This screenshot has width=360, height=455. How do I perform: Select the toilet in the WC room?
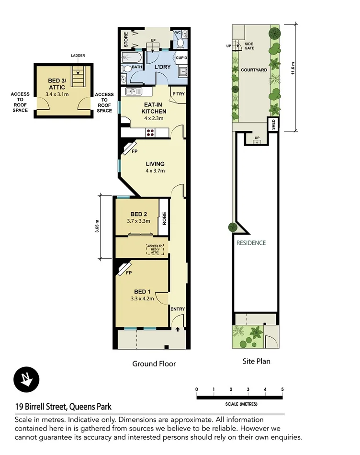(x=180, y=43)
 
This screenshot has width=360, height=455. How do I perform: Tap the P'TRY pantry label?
(x=178, y=94)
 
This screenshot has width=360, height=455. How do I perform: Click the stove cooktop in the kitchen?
(x=150, y=133)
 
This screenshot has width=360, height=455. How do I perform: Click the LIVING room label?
(x=155, y=164)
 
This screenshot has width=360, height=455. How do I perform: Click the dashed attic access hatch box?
(x=155, y=248)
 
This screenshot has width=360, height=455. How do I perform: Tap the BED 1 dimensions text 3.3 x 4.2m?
(x=141, y=298)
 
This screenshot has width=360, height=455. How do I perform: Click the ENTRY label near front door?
(x=178, y=309)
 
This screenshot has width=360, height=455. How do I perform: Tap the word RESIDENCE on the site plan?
(x=251, y=243)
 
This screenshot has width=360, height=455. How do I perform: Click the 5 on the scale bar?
(x=282, y=389)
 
